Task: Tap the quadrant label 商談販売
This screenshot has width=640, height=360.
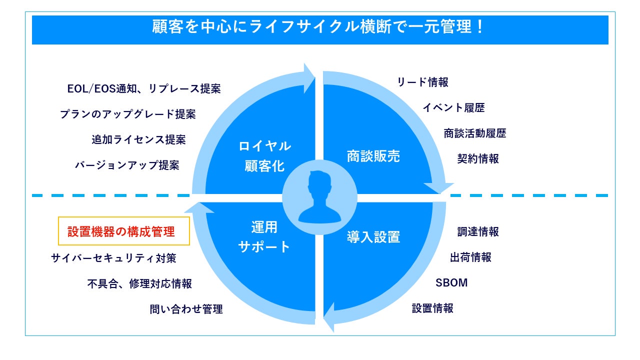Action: point(373,156)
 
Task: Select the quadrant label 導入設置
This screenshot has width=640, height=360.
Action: point(373,237)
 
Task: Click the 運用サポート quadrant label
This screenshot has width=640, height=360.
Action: point(264,237)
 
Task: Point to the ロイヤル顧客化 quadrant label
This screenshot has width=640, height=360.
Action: point(264,156)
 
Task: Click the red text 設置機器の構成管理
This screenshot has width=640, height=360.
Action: point(121,232)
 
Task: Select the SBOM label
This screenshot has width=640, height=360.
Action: point(451,283)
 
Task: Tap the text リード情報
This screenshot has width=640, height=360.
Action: point(422,82)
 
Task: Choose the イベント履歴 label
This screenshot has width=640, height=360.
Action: point(453,107)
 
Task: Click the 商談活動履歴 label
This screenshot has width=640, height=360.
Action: point(475,133)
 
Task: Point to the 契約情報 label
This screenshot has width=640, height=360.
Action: point(478,159)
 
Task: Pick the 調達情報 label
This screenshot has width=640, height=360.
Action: point(478,232)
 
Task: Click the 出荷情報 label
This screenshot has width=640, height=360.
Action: point(470,257)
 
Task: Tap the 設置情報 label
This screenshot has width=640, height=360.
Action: point(432,308)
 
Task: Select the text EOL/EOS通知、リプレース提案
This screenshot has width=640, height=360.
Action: point(144,89)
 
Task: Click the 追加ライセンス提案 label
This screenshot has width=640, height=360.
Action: point(138,140)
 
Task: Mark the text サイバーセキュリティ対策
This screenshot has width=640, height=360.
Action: point(113,258)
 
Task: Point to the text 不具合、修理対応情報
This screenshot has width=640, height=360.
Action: point(139,284)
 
